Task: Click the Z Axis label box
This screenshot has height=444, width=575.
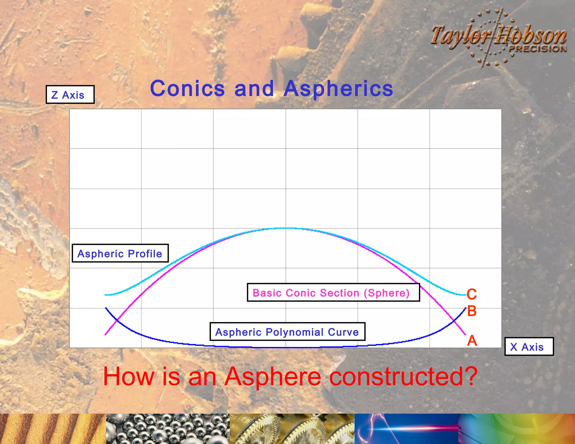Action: (70, 95)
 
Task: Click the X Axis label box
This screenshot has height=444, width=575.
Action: (529, 347)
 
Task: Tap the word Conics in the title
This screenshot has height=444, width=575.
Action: (188, 89)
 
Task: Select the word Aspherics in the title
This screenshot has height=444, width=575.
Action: (338, 89)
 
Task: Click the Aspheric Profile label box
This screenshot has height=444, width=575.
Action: (120, 253)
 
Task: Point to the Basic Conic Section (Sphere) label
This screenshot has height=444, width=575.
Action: (333, 293)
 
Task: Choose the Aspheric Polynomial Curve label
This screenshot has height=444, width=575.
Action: (287, 332)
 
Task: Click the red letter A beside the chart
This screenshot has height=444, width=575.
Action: (472, 341)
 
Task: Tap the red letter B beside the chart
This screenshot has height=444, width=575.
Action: (472, 311)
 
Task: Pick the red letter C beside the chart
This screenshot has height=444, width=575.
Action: (472, 294)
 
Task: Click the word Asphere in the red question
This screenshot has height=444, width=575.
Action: (272, 377)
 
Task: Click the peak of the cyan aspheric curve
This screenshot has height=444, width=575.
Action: (286, 228)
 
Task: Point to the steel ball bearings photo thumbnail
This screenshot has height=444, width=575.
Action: (168, 429)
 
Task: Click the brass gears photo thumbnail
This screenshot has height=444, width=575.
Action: (292, 429)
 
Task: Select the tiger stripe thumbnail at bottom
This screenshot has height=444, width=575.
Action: (53, 429)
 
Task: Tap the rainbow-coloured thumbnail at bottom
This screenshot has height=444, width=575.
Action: (517, 429)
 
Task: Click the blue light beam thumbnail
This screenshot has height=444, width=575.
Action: (406, 429)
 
